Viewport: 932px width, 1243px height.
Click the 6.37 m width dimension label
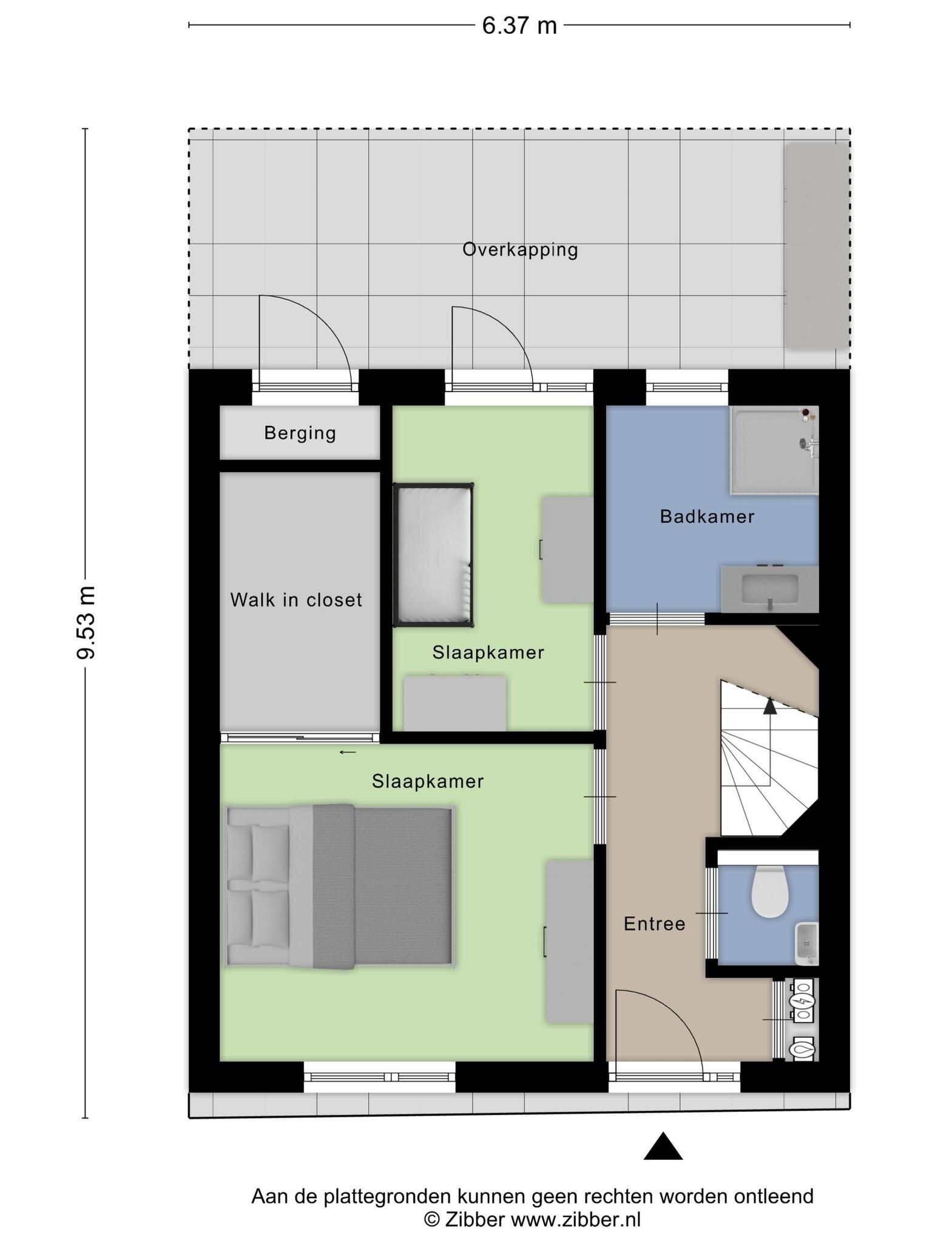tap(519, 25)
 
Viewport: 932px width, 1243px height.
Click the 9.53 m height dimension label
tap(86, 622)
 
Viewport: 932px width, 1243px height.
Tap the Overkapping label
tap(520, 249)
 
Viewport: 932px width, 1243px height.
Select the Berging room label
tap(300, 433)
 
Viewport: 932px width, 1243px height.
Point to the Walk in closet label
tap(296, 600)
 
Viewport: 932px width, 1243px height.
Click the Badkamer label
tap(707, 517)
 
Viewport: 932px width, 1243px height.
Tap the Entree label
tap(655, 924)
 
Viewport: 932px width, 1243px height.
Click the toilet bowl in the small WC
tap(769, 891)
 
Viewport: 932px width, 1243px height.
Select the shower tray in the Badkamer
tap(774, 450)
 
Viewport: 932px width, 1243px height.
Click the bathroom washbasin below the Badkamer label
tap(769, 589)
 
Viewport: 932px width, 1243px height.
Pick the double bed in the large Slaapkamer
tap(340, 887)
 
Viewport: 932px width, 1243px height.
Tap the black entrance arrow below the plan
tap(663, 1146)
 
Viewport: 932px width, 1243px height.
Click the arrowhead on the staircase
tap(770, 705)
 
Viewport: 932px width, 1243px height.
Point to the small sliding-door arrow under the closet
tap(348, 753)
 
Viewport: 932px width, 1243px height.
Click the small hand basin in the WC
tap(806, 943)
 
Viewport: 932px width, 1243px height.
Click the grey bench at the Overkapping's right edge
tap(817, 246)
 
